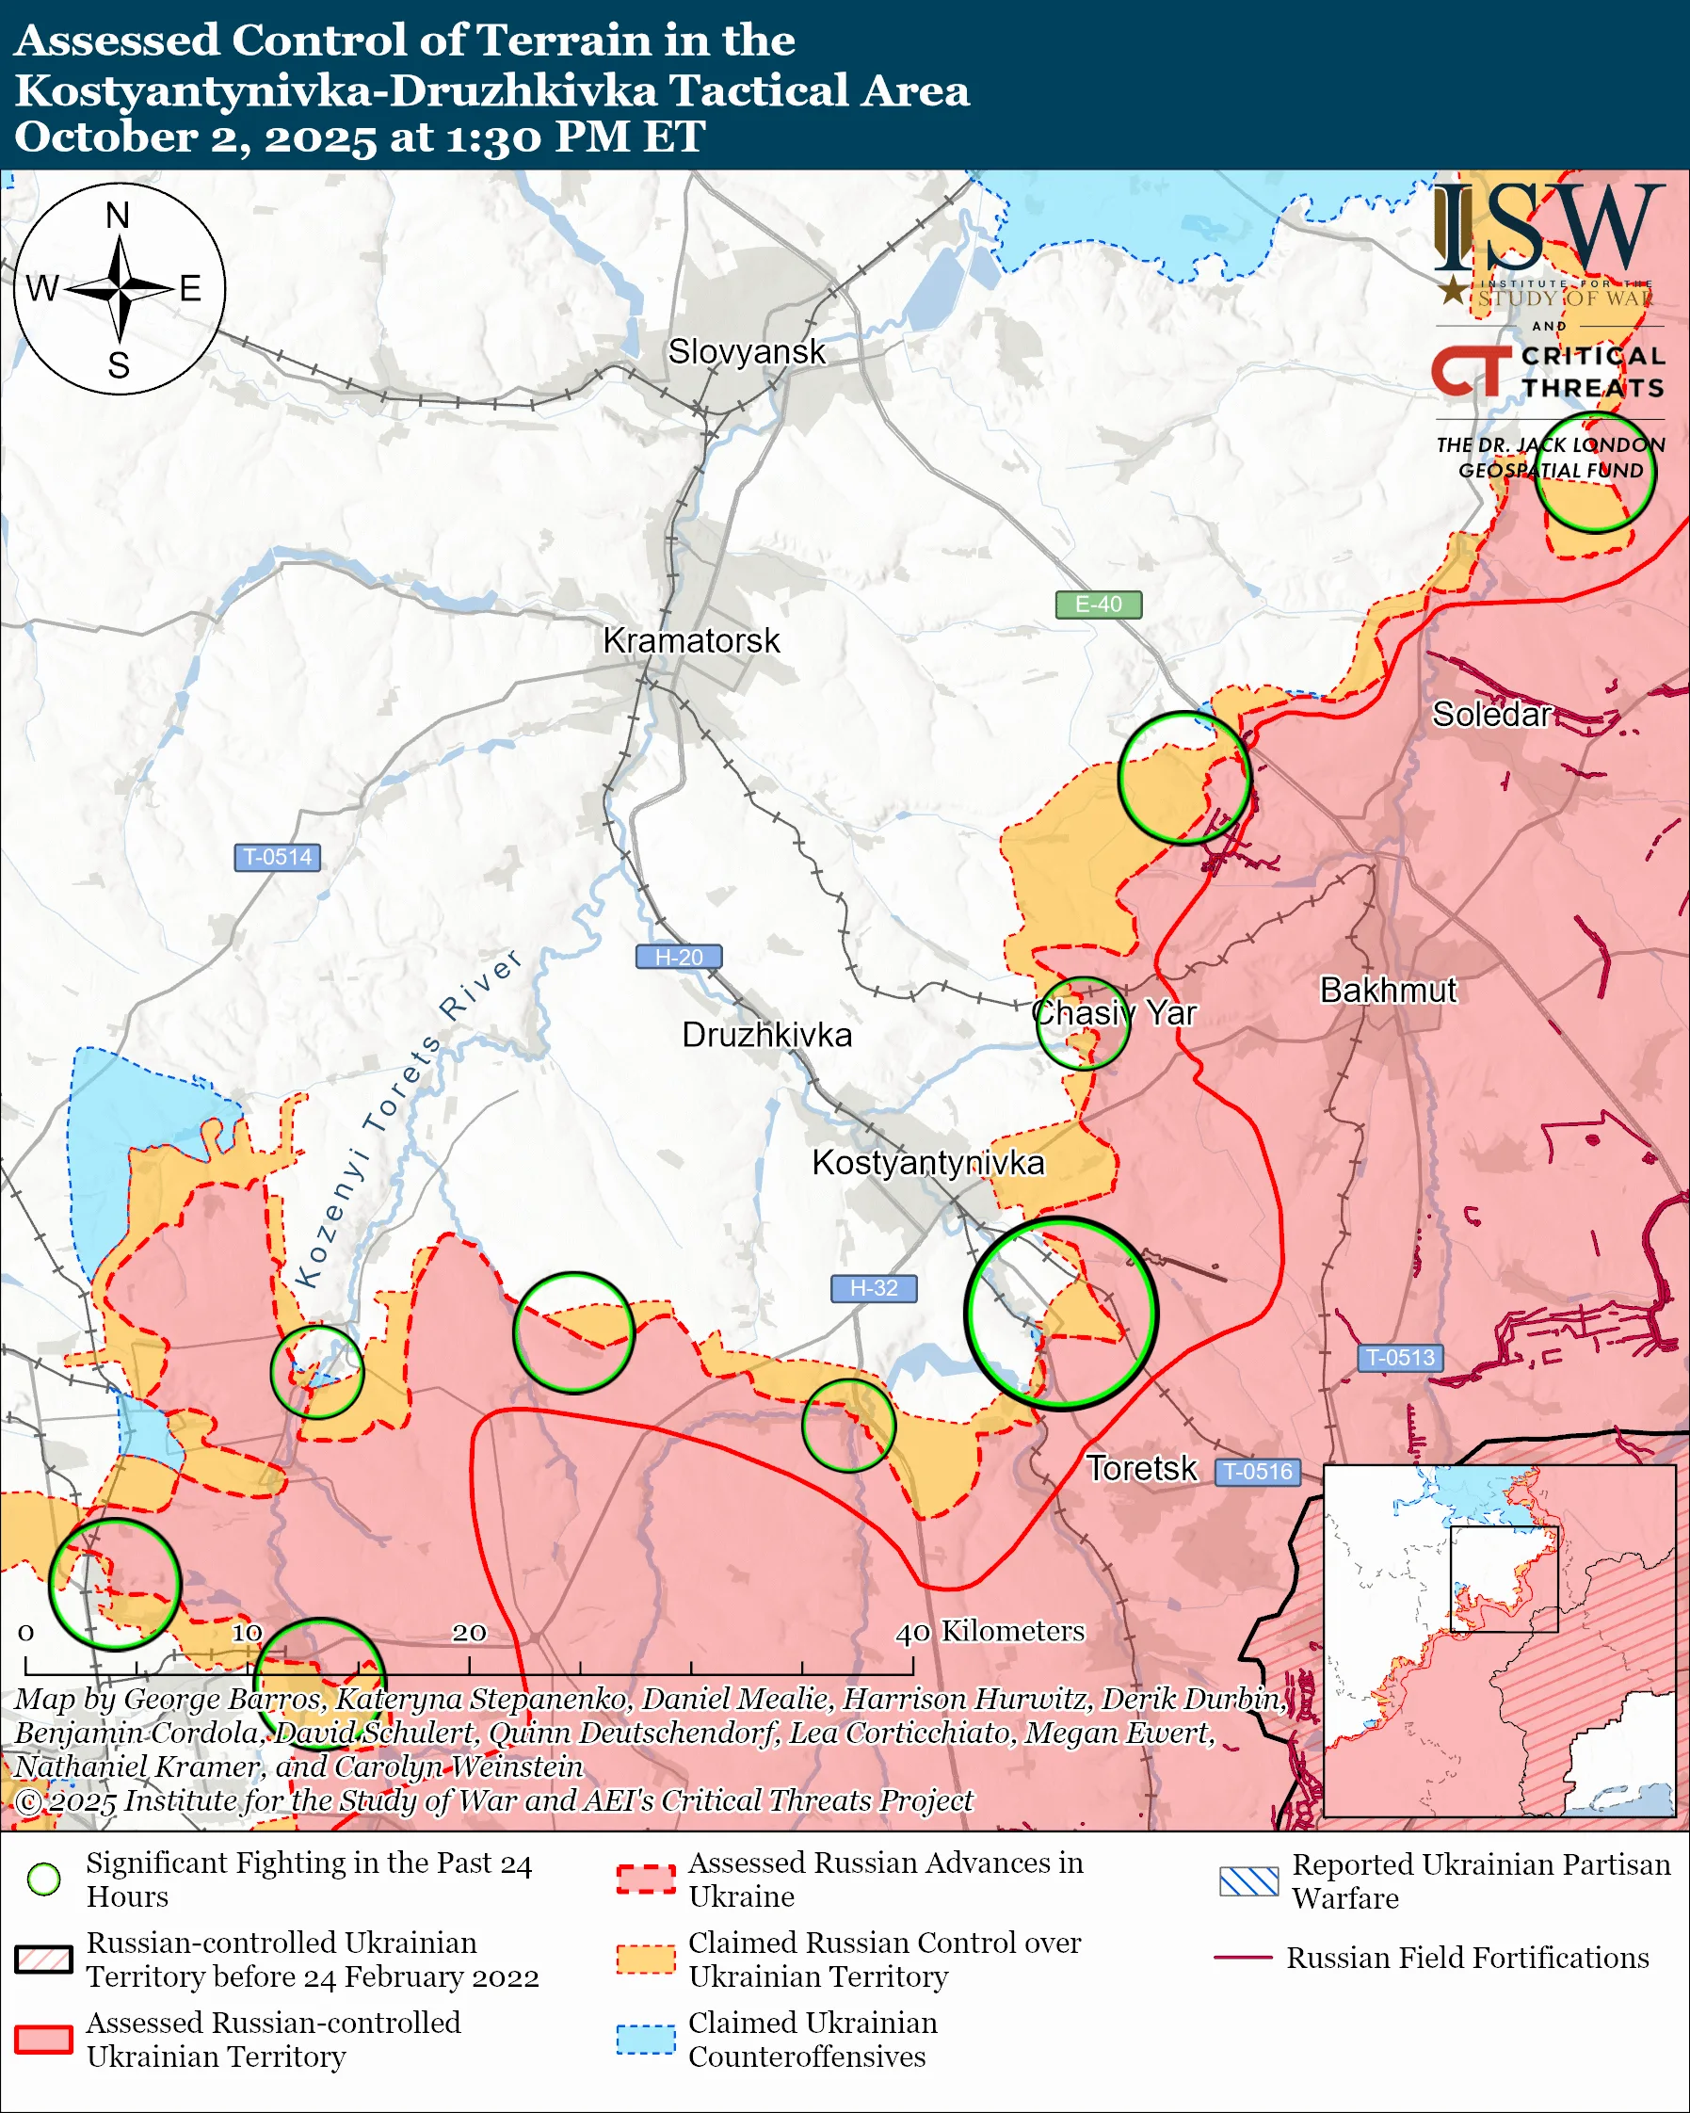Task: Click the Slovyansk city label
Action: click(747, 352)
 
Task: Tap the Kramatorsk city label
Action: click(692, 641)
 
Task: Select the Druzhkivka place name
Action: click(767, 1035)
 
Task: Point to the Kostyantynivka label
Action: click(927, 1162)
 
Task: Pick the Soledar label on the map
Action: click(1491, 715)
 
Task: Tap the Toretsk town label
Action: click(1141, 1468)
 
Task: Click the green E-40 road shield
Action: click(1098, 605)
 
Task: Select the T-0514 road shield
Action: click(277, 857)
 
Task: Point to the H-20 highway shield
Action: click(679, 957)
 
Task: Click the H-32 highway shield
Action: click(874, 1288)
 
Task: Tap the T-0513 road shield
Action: click(1400, 1358)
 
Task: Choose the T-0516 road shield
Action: click(1259, 1471)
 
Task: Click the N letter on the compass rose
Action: click(118, 216)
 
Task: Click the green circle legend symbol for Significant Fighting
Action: click(44, 1879)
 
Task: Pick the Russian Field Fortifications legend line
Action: click(1242, 1958)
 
